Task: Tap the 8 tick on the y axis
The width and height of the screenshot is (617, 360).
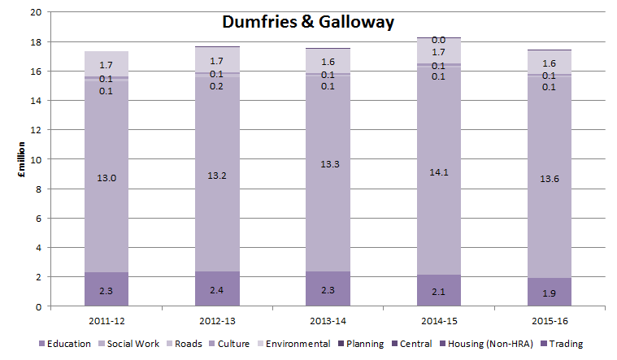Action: (36, 189)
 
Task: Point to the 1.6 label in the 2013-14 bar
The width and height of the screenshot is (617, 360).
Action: (327, 61)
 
